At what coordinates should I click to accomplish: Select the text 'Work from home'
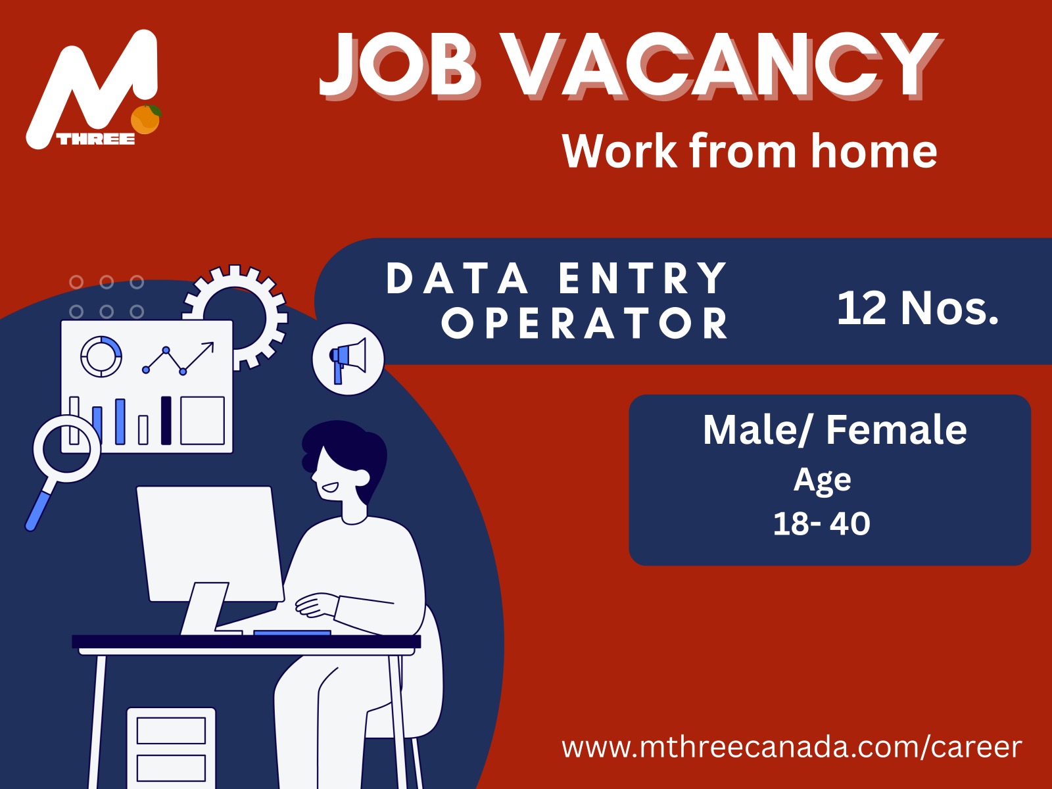coord(750,152)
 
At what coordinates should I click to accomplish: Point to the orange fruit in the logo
coord(146,120)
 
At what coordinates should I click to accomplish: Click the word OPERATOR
coord(585,323)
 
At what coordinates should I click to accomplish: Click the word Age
coord(823,481)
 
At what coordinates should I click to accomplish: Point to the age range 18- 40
coord(821,524)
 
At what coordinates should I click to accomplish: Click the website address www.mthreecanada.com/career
coord(792,747)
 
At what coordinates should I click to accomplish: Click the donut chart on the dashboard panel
coord(101,356)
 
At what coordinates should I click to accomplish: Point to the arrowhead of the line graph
coord(210,345)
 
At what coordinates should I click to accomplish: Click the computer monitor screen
coord(209,542)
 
